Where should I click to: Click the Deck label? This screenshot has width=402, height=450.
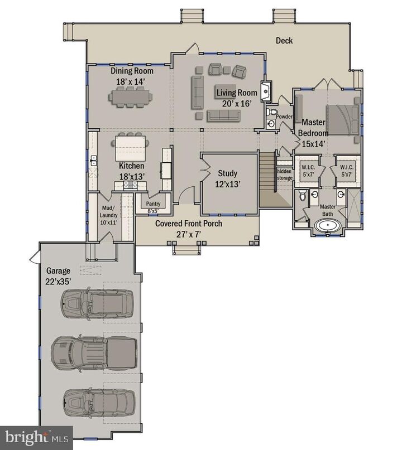284,41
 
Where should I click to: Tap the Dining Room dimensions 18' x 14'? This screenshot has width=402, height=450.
132,81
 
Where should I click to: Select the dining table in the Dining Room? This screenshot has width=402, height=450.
132,98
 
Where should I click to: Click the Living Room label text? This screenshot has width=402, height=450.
237,93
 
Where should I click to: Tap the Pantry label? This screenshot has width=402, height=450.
154,204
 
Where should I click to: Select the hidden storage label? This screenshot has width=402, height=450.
284,175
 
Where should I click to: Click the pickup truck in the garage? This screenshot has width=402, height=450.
94,351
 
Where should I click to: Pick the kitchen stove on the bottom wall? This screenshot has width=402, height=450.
130,185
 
